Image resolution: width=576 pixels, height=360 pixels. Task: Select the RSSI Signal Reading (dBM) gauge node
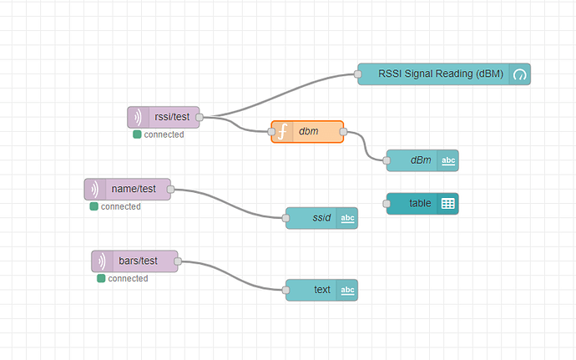pyautogui.click(x=443, y=74)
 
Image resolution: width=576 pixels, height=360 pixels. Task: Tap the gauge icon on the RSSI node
pyautogui.click(x=520, y=74)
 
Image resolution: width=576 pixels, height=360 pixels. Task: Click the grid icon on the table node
pyautogui.click(x=447, y=203)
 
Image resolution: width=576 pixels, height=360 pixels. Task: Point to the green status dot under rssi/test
pyautogui.click(x=137, y=134)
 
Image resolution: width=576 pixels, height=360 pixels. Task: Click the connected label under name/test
pyautogui.click(x=120, y=206)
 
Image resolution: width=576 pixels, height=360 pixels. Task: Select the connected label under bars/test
pyautogui.click(x=128, y=278)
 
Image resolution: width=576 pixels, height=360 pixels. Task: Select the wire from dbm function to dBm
pyautogui.click(x=366, y=147)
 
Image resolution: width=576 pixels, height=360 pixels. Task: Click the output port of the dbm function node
pyautogui.click(x=344, y=132)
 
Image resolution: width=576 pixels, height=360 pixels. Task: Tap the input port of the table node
pyautogui.click(x=387, y=203)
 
